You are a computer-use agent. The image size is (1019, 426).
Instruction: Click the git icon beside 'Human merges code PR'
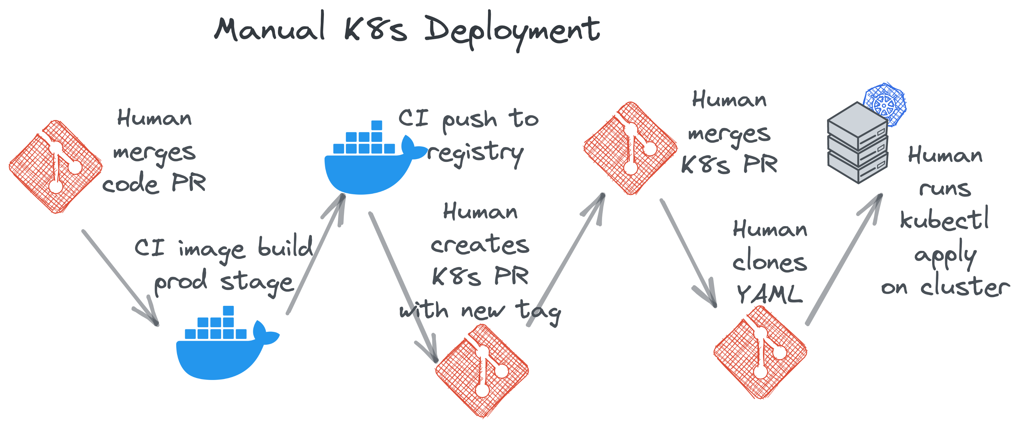tap(55, 167)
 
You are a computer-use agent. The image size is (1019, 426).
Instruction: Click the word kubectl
tap(944, 219)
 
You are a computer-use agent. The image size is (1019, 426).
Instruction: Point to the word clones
tap(769, 263)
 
